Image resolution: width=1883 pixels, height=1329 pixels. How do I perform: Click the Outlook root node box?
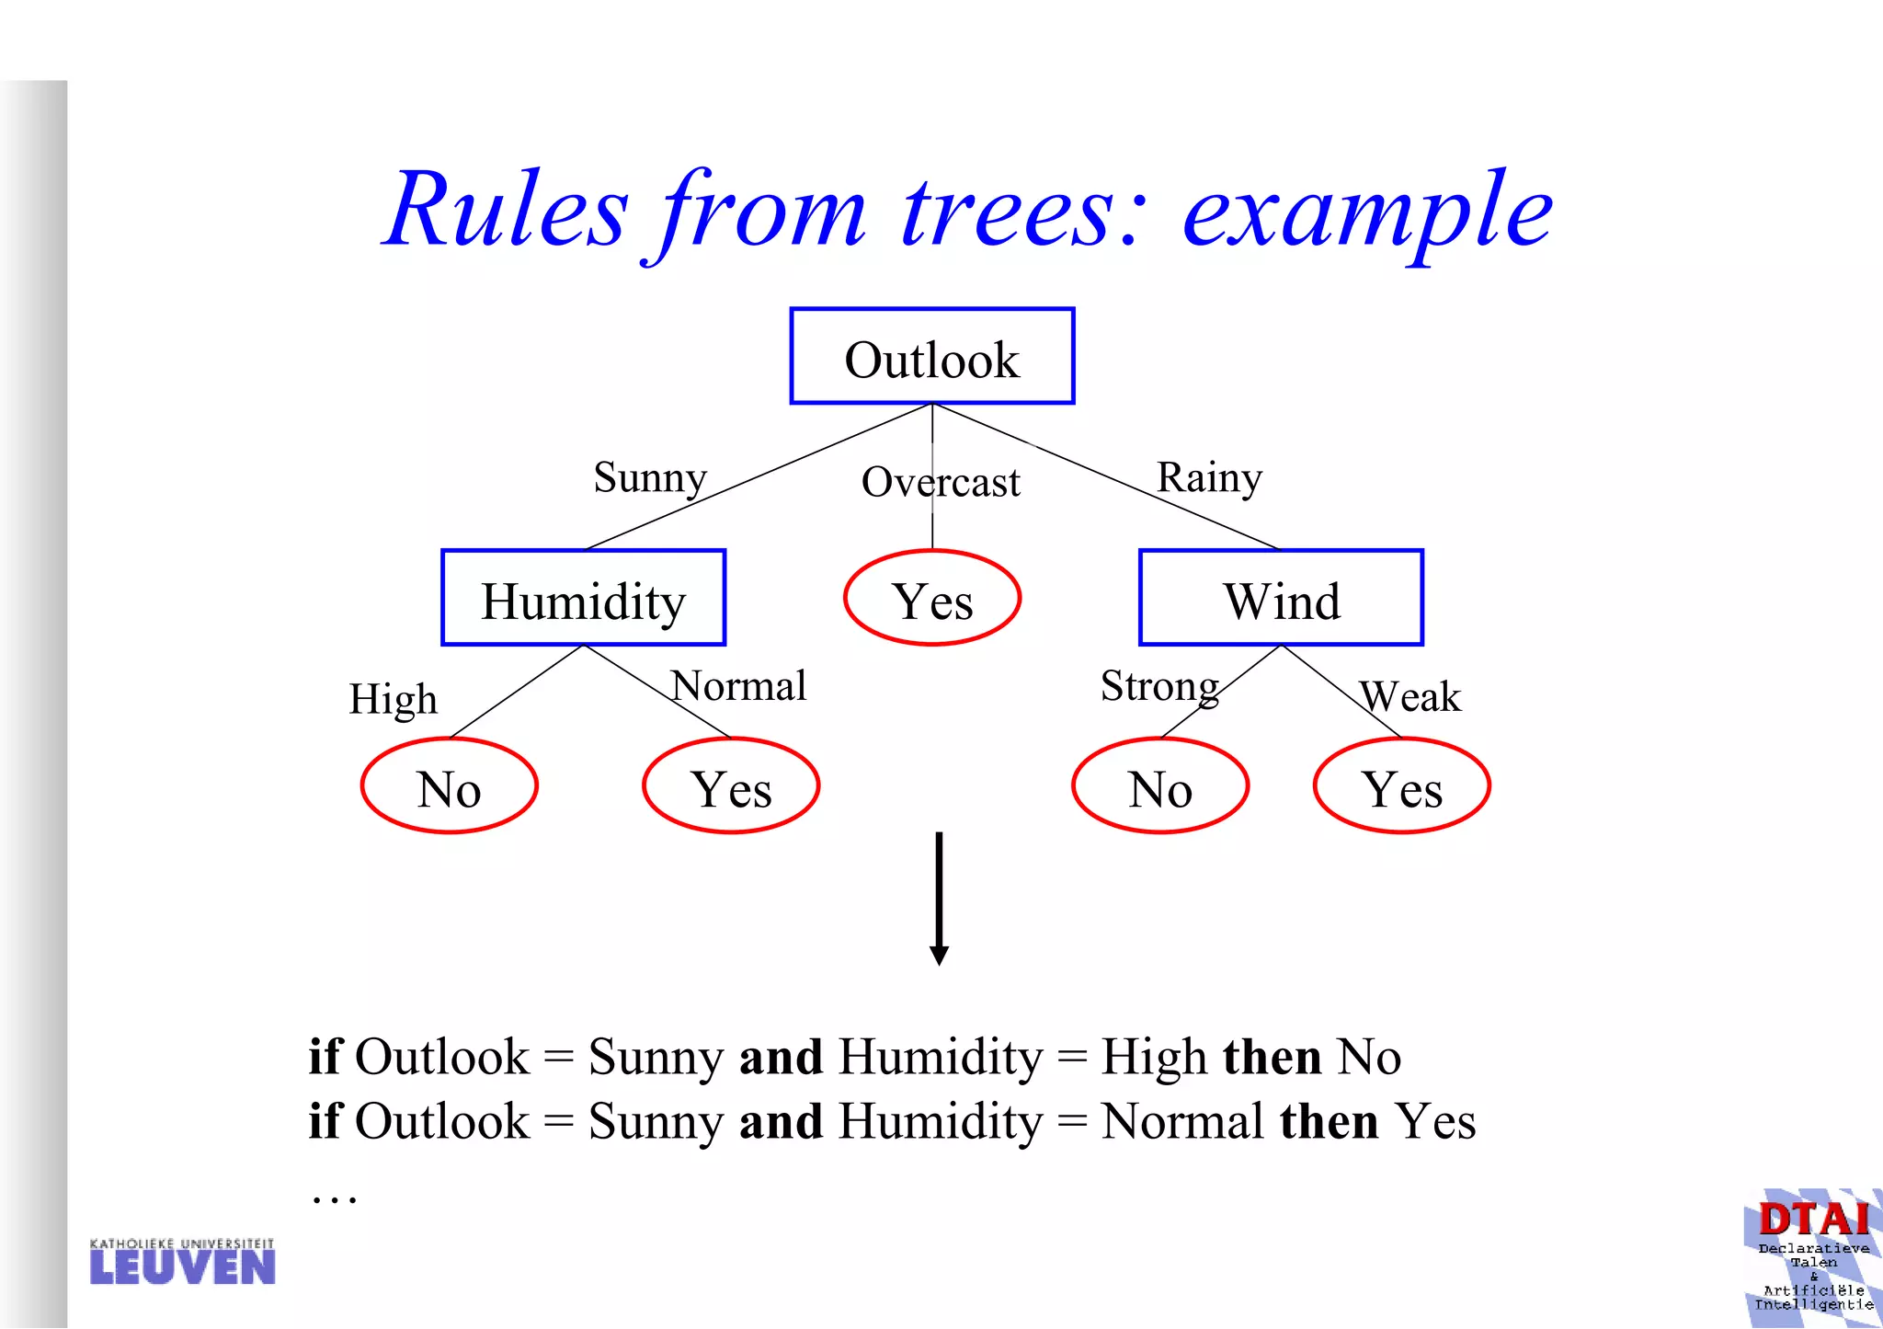931,357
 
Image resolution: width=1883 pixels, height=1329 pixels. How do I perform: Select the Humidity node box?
583,599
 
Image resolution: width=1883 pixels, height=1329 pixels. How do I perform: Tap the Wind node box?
1281,599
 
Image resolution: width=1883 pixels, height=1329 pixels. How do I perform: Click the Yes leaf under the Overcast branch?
931,599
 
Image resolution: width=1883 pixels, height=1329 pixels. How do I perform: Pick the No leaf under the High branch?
449,786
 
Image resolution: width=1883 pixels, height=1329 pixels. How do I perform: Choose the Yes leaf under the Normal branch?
731,786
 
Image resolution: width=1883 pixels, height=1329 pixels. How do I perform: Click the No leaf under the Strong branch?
1159,786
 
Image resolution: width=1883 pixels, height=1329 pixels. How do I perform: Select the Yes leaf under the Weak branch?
1401,786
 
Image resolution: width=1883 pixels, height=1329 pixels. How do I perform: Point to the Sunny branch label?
650,478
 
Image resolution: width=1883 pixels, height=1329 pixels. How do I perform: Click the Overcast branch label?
940,483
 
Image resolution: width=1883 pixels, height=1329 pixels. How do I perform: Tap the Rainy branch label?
1209,478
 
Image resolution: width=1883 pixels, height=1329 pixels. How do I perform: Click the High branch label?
393,700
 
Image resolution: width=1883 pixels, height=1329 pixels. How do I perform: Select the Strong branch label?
1159,686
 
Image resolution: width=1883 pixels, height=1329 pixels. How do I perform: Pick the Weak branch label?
1410,696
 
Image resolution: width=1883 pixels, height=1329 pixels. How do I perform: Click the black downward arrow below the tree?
939,898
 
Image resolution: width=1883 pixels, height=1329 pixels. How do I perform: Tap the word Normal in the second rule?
1182,1122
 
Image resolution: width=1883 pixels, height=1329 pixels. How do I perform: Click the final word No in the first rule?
1368,1057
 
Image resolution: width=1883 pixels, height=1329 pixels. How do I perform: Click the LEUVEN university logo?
182,1262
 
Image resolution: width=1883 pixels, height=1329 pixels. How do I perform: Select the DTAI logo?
1813,1256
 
